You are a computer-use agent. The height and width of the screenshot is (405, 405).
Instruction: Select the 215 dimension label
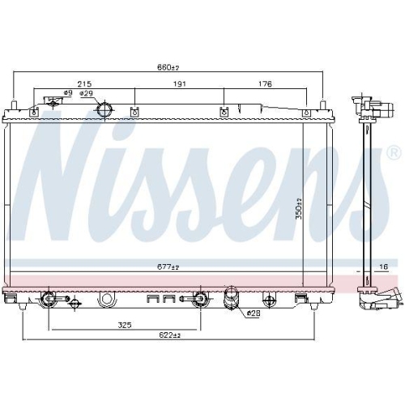(x=83, y=84)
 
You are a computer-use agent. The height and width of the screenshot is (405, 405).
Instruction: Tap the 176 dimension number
(x=264, y=84)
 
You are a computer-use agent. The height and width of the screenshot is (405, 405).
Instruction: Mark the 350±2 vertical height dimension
(x=298, y=208)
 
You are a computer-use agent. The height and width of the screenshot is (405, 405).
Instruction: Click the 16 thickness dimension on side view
(x=384, y=266)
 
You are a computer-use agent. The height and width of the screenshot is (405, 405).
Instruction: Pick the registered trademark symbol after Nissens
(x=393, y=152)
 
